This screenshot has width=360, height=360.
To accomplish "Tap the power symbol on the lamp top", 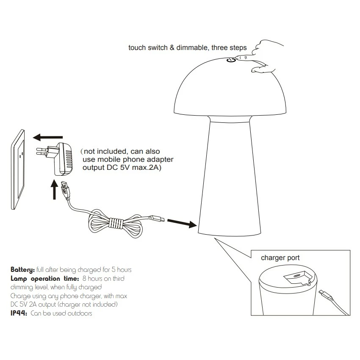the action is (x=231, y=60).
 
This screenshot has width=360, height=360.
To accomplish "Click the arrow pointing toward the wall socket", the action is (x=48, y=137).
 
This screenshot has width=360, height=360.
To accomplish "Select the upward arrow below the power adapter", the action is (x=54, y=190).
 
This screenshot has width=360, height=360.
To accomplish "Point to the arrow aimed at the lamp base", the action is (x=182, y=223).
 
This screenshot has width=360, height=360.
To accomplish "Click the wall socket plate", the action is (x=18, y=169).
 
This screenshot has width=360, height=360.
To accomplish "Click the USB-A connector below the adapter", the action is (x=65, y=189).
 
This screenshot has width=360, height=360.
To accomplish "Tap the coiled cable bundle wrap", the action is (x=116, y=223).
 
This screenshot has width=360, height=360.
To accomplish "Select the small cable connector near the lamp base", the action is (x=157, y=218).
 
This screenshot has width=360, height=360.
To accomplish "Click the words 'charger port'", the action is (x=280, y=258).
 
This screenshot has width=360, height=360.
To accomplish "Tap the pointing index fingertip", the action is (x=238, y=58).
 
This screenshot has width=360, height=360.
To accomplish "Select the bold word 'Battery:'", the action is (x=23, y=270).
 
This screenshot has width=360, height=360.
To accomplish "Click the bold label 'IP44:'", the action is (x=19, y=313).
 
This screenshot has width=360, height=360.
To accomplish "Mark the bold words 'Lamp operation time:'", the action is (x=45, y=279).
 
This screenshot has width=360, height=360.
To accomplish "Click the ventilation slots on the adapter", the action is (x=69, y=159).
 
